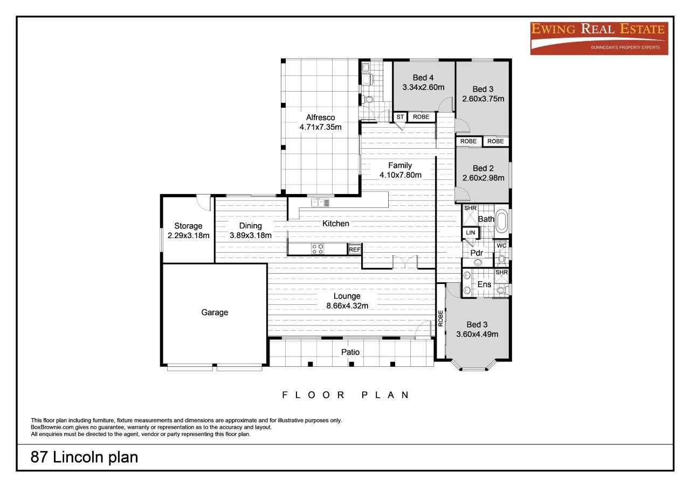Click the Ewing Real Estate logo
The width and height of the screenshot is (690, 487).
pyautogui.click(x=599, y=38)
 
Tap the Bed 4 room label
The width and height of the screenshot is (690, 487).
pyautogui.click(x=423, y=77)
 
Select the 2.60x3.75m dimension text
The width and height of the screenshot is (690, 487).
pyautogui.click(x=483, y=99)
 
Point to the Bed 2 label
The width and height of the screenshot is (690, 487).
pyautogui.click(x=483, y=168)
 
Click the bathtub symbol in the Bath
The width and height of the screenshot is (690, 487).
pyautogui.click(x=502, y=221)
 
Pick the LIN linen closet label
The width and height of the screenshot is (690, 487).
pyautogui.click(x=470, y=233)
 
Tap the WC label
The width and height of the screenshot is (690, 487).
pyautogui.click(x=501, y=246)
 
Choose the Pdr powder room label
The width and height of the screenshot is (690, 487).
pyautogui.click(x=477, y=253)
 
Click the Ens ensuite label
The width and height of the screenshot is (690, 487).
pyautogui.click(x=484, y=284)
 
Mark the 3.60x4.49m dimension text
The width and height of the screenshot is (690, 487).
pyautogui.click(x=477, y=334)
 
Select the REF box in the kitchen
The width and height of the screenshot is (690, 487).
pyautogui.click(x=355, y=249)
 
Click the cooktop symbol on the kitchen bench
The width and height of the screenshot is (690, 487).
pyautogui.click(x=318, y=248)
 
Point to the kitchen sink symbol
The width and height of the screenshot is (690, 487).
pyautogui.click(x=320, y=203)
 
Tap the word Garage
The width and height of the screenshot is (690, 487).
pyautogui.click(x=215, y=312)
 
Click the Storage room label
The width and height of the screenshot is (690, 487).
pyautogui.click(x=188, y=226)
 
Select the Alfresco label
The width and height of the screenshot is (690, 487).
pyautogui.click(x=321, y=117)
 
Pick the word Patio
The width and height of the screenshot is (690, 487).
pyautogui.click(x=350, y=352)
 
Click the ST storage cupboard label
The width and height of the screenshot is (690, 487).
pyautogui.click(x=400, y=116)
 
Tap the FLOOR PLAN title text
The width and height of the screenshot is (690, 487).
pyautogui.click(x=346, y=395)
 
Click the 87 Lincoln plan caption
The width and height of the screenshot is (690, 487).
pyautogui.click(x=84, y=457)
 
